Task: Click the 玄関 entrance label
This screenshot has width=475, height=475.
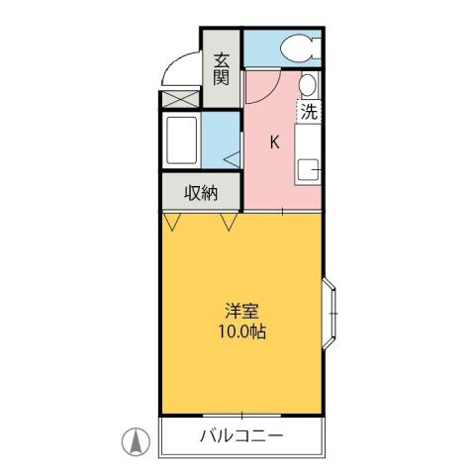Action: (x=221, y=68)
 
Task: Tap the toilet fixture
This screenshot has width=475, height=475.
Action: (x=298, y=47)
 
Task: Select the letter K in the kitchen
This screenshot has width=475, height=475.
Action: (x=274, y=142)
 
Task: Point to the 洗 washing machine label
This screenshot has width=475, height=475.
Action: (x=309, y=112)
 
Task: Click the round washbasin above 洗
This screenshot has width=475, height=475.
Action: (x=309, y=84)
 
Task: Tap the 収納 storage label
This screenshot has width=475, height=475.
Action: (x=201, y=194)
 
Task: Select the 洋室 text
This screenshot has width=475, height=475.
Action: (x=242, y=309)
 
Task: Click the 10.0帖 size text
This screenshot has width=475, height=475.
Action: (x=242, y=331)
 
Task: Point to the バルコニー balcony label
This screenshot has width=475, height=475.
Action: (x=241, y=435)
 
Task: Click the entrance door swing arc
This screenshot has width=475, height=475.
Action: (x=178, y=69)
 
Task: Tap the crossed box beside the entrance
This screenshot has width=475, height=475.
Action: (x=180, y=100)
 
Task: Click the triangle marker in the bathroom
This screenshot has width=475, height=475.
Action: (x=231, y=156)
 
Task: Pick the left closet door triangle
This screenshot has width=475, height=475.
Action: (x=173, y=223)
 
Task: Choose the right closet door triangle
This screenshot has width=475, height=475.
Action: (x=230, y=223)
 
